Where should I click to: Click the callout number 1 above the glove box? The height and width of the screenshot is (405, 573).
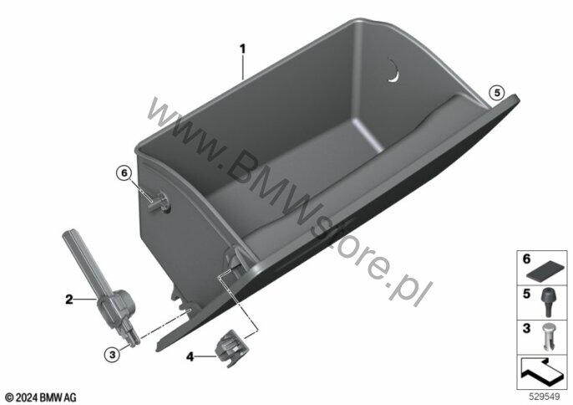242,49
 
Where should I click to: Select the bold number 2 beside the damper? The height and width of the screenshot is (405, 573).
69,300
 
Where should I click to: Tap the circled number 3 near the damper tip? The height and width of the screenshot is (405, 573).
112,355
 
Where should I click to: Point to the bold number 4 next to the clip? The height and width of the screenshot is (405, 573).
190,356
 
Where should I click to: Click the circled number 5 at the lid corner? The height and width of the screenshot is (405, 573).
497,93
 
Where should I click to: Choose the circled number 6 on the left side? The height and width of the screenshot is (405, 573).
124,173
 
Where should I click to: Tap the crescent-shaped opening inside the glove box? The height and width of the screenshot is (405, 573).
394,69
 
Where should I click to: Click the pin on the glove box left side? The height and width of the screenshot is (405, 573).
159,202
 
